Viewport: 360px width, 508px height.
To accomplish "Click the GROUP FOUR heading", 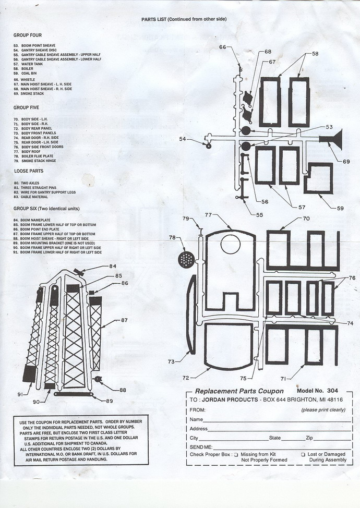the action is point(28,35).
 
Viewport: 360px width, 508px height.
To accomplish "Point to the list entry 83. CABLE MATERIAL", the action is point(31,197).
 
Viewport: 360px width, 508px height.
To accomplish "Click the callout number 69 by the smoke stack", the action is point(346,161).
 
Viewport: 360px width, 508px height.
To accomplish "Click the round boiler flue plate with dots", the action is point(186,260).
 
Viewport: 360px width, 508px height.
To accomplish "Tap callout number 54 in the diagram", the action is point(183,139).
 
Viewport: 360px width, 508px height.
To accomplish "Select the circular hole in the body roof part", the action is point(231,244).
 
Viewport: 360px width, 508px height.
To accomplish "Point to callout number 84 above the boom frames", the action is point(113,267).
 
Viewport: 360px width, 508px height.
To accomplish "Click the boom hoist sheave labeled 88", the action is point(97,379).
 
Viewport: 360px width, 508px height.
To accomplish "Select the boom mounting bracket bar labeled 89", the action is point(74,394).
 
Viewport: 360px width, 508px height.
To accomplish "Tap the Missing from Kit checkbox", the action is point(236,455).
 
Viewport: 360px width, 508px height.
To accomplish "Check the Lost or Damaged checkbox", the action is point(303,455).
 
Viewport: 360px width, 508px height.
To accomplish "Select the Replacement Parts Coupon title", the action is point(239,391).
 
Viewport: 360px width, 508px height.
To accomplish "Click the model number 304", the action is point(332,391).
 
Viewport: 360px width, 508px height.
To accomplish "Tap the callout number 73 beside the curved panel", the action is point(172,361).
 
